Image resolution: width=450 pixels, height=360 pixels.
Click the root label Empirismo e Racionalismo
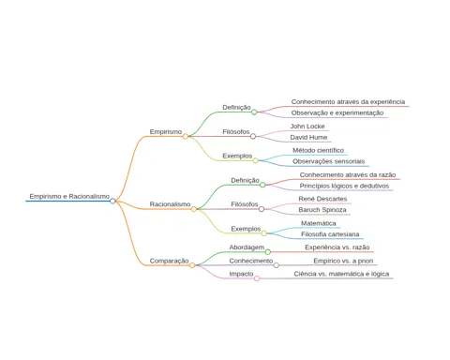coord(69,196)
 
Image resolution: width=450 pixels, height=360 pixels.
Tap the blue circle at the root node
coord(112,201)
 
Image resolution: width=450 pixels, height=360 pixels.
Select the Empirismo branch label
coord(166,132)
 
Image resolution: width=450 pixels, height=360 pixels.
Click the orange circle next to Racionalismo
coord(194,209)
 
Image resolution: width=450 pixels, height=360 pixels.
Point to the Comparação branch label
coord(169,261)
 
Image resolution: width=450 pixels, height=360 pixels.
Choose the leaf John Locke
coord(307,127)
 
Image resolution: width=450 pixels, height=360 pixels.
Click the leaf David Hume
coord(308,137)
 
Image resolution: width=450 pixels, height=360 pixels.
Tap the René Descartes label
coord(322,199)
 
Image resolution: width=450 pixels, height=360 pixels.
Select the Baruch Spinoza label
coord(322,210)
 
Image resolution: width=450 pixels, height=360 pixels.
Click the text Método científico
coord(318,150)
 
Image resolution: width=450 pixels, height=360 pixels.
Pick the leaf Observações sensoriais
coord(329,161)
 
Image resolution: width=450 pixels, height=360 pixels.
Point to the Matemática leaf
coord(319,223)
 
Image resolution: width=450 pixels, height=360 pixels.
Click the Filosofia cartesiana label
coord(330,234)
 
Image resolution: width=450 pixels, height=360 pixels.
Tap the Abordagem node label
coord(247,247)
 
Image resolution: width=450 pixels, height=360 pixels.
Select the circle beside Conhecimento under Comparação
coord(277,265)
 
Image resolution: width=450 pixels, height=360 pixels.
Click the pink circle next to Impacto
coord(257,278)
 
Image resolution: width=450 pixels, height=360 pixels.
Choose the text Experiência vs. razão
coord(337,247)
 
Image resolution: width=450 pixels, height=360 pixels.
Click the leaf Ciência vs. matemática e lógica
coord(341,274)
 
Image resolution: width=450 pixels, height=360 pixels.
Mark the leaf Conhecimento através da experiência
coord(348,102)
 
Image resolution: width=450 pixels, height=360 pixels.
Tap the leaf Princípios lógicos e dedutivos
coord(344,186)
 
